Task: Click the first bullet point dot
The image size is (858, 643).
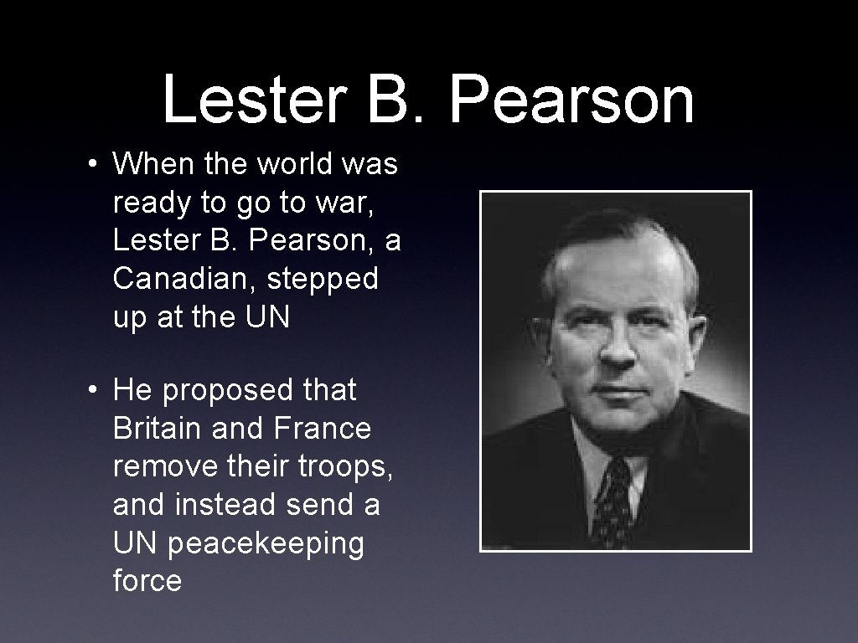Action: (x=97, y=165)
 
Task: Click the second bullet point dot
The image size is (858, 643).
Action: (x=97, y=390)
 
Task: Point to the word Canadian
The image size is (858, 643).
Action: (x=183, y=280)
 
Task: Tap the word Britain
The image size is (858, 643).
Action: (x=157, y=429)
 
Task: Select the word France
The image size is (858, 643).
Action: (x=322, y=429)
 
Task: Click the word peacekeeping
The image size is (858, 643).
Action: (x=266, y=543)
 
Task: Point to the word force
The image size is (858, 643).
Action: (x=147, y=581)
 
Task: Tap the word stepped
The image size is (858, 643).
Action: (x=323, y=280)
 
